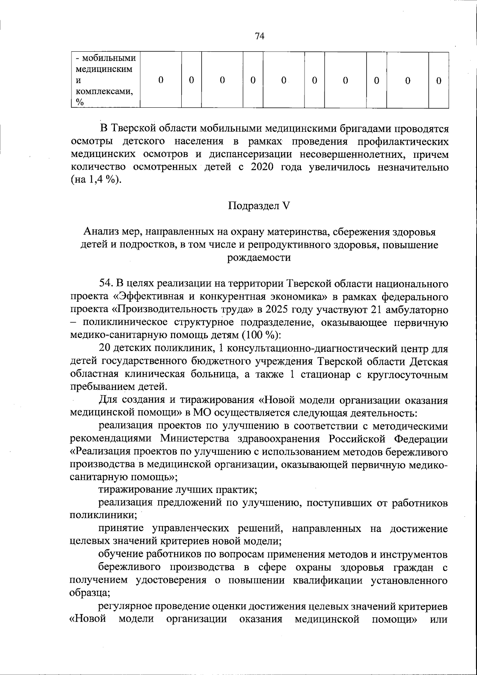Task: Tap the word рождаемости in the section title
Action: [x=259, y=258]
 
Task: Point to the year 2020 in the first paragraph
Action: [x=262, y=167]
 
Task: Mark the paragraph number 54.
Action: [x=106, y=284]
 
